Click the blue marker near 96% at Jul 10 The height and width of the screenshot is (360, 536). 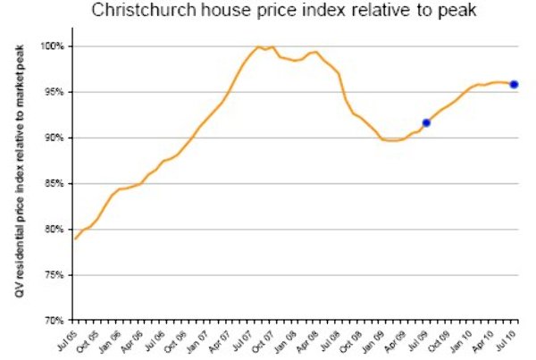point(514,85)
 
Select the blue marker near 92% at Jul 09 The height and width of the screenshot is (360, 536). point(426,122)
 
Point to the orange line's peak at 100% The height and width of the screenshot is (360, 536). point(258,46)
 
